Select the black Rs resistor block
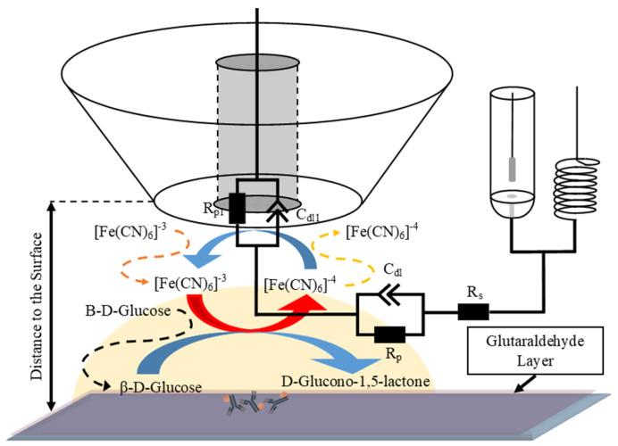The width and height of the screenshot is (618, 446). point(469,312)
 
